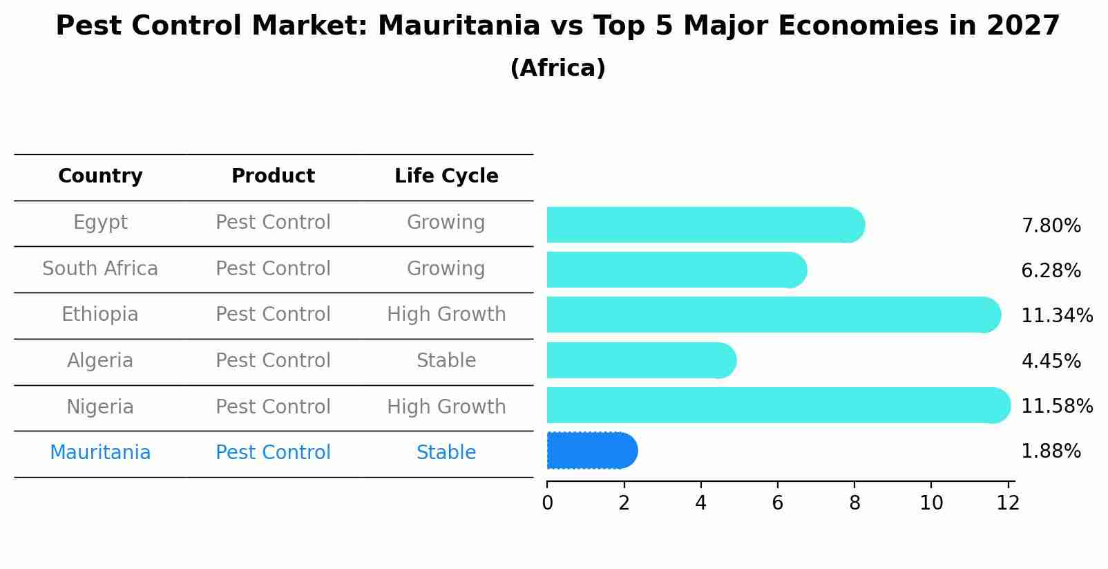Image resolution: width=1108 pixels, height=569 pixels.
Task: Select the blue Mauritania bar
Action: [x=591, y=451]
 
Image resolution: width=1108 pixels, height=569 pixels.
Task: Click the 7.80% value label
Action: [x=1051, y=225]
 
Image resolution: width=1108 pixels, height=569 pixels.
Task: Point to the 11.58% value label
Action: [x=1056, y=406]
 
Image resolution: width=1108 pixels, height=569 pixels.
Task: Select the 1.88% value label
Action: [x=1051, y=451]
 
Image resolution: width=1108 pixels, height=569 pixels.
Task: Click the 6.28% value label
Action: [x=1051, y=270]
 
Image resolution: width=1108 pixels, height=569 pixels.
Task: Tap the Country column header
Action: [x=100, y=176]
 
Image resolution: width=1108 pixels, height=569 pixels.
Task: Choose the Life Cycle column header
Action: [x=446, y=176]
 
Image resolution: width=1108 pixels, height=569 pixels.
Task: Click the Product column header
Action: [x=273, y=176]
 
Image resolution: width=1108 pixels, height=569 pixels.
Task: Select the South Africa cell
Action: [x=100, y=268]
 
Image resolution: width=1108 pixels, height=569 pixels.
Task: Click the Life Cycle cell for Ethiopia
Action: [x=446, y=315]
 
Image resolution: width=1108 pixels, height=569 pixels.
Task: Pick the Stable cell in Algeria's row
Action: [x=446, y=360]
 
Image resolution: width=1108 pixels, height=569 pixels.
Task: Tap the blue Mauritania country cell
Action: [x=100, y=452]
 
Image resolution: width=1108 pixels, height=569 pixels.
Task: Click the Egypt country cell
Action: [x=100, y=223]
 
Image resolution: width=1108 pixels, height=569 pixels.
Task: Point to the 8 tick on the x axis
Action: [x=854, y=503]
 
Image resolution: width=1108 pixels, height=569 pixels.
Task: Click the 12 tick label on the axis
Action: [x=1008, y=503]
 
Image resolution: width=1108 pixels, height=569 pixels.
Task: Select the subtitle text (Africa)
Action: [x=557, y=68]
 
